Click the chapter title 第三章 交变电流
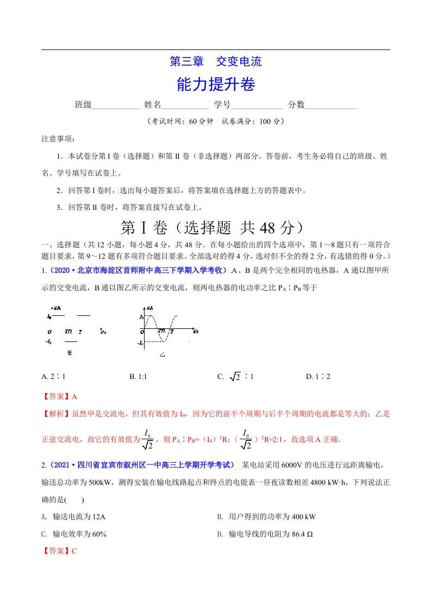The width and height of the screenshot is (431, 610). pos(216,61)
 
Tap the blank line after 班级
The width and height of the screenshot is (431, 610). pos(116,105)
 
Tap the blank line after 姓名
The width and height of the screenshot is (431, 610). pos(185,105)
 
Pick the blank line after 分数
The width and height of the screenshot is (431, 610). pos(331,105)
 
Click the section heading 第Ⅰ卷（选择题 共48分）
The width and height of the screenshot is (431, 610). pos(216,226)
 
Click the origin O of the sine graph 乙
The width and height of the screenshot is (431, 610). pos(142,331)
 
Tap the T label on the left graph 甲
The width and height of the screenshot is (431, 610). pos(80,331)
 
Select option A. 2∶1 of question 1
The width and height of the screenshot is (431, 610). pos(53,376)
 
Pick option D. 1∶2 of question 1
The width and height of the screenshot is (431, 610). pos(318,376)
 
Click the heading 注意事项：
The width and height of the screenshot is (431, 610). pos(58,139)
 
